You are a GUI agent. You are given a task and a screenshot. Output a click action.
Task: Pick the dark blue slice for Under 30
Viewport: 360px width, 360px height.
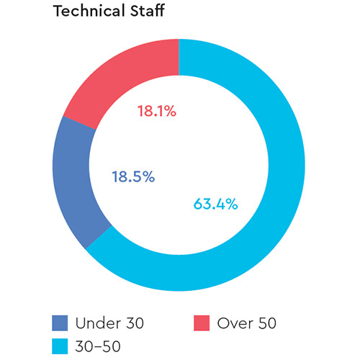72,180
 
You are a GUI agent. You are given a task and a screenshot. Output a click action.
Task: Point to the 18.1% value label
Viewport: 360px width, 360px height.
156,112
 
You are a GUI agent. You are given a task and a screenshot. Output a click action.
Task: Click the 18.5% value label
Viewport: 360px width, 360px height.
132,176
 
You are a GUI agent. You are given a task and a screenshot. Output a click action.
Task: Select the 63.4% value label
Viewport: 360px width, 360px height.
215,204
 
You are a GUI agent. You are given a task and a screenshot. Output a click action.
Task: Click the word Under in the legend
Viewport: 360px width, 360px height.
100,323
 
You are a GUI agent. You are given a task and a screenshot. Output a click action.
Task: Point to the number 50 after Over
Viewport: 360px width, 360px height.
267,323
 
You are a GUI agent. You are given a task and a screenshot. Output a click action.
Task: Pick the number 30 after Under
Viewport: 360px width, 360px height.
134,323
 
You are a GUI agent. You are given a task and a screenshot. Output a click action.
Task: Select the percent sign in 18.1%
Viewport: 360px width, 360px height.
170,112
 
